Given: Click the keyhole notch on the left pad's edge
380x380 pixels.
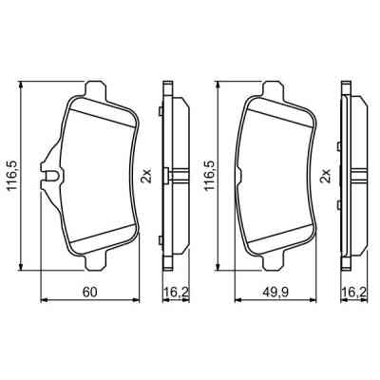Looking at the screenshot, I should point(47,173).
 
